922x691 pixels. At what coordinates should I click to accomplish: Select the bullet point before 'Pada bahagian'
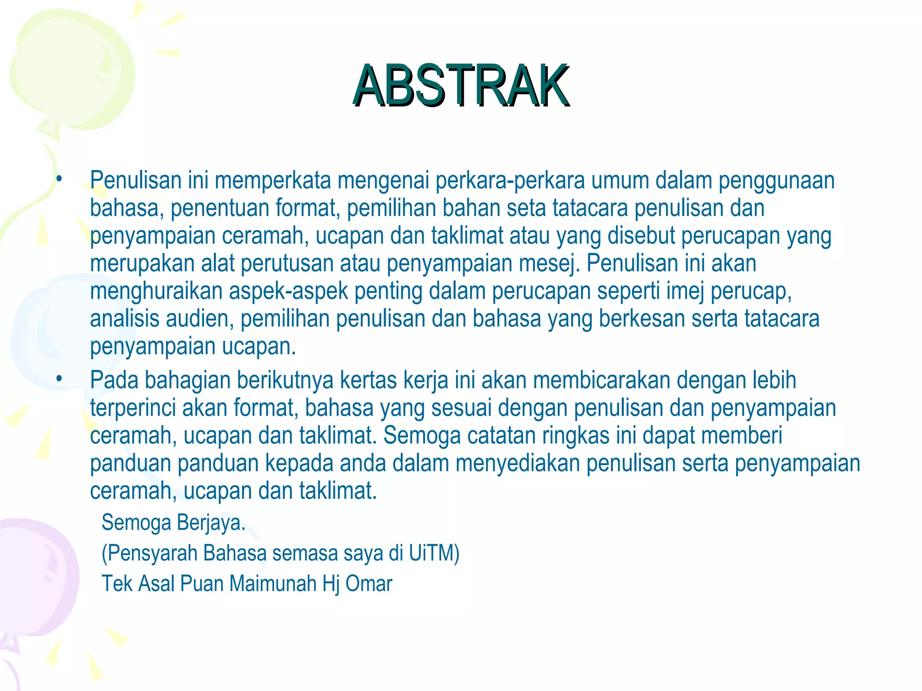click(59, 380)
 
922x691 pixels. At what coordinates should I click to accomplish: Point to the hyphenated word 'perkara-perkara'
click(510, 180)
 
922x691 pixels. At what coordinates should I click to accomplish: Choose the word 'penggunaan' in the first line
click(776, 180)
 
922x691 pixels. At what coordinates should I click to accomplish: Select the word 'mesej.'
click(549, 264)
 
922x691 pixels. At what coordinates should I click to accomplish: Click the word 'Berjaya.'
click(211, 523)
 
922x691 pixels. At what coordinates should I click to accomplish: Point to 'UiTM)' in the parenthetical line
click(434, 553)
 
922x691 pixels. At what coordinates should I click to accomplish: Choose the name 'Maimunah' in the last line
click(273, 584)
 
